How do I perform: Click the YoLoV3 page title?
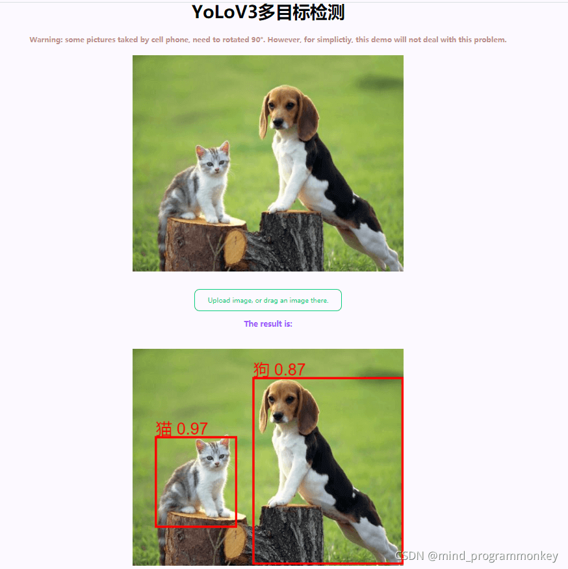pyautogui.click(x=268, y=12)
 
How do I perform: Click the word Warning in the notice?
pyautogui.click(x=45, y=40)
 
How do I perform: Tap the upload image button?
pyautogui.click(x=268, y=300)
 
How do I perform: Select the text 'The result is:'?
pyautogui.click(x=268, y=323)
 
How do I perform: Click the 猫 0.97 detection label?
pyautogui.click(x=181, y=429)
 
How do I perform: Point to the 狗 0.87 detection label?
pyautogui.click(x=279, y=370)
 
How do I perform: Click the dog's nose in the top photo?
pyautogui.click(x=278, y=122)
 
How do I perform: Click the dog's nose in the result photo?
pyautogui.click(x=278, y=416)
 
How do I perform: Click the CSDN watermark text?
pyautogui.click(x=476, y=556)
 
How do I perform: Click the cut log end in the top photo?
pyautogui.click(x=235, y=247)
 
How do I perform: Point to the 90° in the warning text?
pyautogui.click(x=257, y=40)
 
